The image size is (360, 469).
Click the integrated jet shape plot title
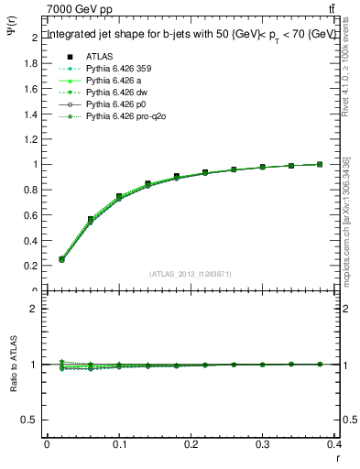[191, 35]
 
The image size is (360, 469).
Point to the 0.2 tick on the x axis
[191, 447]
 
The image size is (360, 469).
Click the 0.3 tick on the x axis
[264, 447]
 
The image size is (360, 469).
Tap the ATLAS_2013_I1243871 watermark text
[191, 273]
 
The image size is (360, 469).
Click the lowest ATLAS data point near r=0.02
[61, 259]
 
